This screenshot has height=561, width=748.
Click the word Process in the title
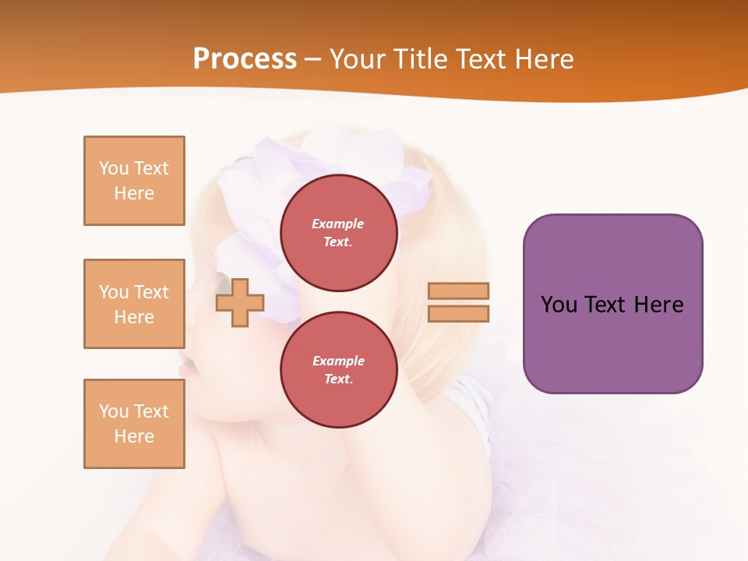point(245,59)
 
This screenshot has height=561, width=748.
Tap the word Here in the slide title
point(542,59)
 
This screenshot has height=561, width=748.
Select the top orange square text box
point(134,181)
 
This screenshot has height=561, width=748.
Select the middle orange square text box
point(134,304)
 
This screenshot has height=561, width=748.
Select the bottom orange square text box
point(134,424)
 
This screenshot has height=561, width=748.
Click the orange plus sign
point(240,303)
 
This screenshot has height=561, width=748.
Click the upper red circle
point(339,233)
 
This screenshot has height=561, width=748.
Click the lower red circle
point(339,370)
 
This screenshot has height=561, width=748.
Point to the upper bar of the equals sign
point(458,291)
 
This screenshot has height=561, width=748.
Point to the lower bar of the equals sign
point(458,313)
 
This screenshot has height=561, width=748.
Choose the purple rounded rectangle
point(612,303)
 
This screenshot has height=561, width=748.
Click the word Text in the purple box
point(605,305)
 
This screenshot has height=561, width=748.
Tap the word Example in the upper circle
point(338,224)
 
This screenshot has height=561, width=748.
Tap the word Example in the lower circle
point(338,361)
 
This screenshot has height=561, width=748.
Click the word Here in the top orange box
point(134,193)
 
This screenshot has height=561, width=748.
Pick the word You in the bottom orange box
point(114,411)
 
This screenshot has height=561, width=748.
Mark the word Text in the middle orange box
point(150,292)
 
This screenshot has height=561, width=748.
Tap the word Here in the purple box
point(658,305)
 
